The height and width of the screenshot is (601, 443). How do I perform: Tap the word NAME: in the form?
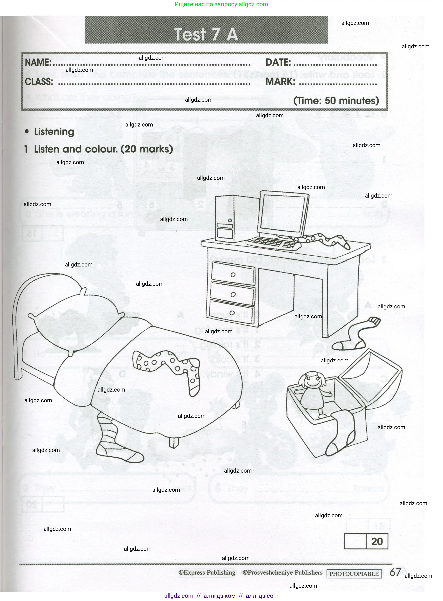coord(38,63)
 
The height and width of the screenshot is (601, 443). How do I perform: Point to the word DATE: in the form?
coord(278,63)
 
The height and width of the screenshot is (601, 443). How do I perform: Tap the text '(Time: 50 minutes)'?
coord(336,101)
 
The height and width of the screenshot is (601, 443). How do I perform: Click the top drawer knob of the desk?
coord(233,275)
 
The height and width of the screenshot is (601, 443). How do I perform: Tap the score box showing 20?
coord(377,541)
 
